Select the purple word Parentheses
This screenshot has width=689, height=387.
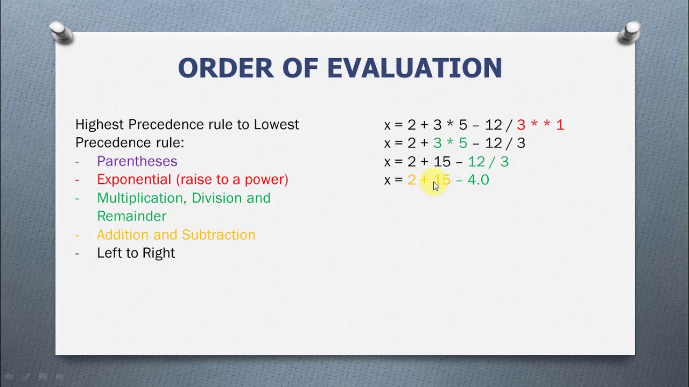coord(137,161)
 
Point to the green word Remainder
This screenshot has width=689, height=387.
coord(131,216)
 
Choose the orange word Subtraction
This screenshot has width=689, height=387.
coord(219,235)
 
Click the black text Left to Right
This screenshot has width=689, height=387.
coord(136,253)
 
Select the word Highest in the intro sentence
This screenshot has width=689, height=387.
coord(100,125)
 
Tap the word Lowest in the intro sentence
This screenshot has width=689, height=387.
coord(276,125)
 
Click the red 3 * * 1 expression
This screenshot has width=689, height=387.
coord(540,125)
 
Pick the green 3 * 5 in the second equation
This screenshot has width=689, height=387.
coord(450,143)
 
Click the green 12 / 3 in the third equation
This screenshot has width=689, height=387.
coord(488,161)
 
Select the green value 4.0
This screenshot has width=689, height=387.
coord(478,180)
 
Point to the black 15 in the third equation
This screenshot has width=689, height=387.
coord(442,161)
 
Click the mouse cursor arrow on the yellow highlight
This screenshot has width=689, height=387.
coord(435,185)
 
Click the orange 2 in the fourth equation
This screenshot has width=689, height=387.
coord(412,180)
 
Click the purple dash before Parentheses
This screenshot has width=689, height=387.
coord(78,161)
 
